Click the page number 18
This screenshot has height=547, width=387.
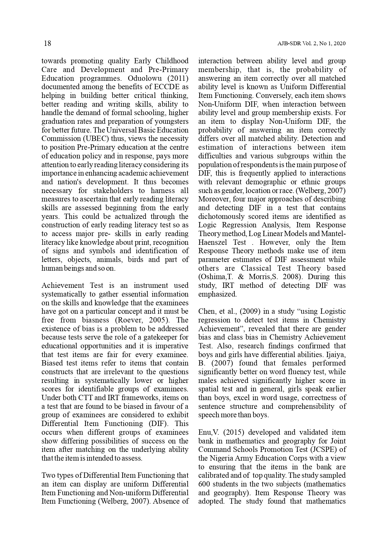point(47,43)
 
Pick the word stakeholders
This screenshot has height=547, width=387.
point(114,191)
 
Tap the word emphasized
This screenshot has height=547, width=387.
point(217,294)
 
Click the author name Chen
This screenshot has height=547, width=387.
point(206,311)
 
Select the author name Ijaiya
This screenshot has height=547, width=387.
point(334,355)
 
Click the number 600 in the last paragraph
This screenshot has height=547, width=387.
point(205,484)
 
